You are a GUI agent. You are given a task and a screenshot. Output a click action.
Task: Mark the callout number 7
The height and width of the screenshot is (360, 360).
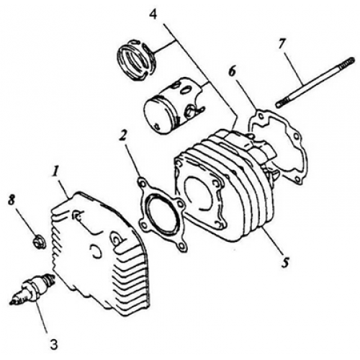tap(282, 45)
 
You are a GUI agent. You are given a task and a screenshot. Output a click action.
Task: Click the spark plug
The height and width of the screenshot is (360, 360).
tap(29, 291)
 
